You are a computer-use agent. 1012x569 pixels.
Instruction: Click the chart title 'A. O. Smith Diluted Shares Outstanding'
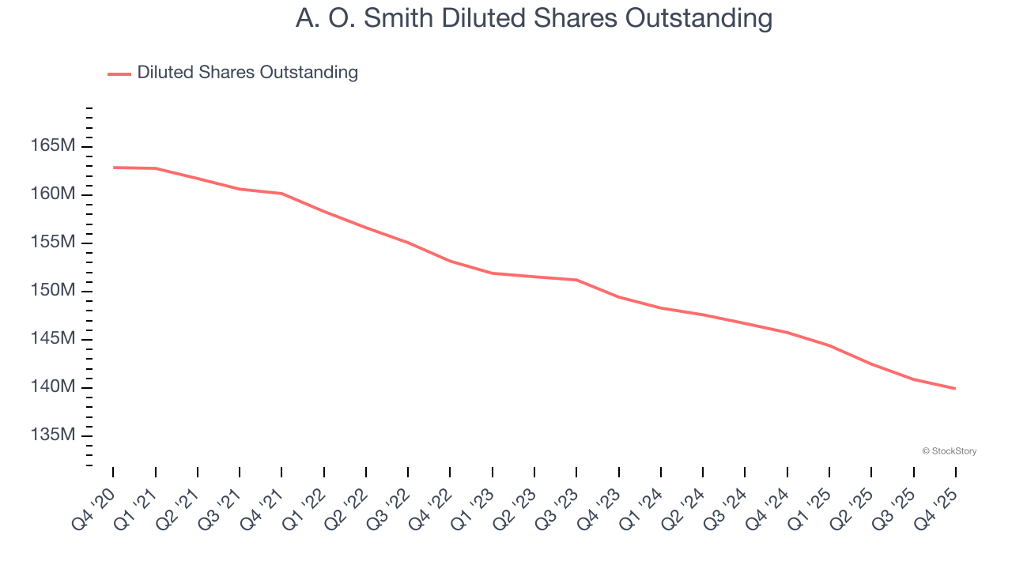click(534, 18)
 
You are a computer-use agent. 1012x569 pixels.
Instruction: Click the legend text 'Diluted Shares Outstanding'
click(247, 73)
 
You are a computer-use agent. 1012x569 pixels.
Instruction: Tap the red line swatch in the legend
click(119, 73)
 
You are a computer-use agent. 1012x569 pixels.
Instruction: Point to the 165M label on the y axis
click(53, 146)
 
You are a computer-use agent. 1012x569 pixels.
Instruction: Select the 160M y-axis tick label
click(53, 194)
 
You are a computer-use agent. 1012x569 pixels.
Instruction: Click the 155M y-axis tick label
click(53, 243)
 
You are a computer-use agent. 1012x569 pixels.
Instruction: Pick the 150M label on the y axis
click(53, 291)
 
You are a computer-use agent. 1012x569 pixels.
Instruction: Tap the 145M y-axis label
click(53, 339)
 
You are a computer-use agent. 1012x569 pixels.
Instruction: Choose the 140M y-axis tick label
click(53, 387)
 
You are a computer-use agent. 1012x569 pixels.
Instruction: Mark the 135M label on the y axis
click(53, 435)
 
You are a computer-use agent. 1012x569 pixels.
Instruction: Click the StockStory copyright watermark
click(949, 451)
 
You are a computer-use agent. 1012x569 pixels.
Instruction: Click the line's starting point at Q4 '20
click(113, 168)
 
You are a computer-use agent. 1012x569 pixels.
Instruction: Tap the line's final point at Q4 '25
click(956, 389)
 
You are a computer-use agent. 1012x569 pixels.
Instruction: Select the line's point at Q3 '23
click(576, 280)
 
